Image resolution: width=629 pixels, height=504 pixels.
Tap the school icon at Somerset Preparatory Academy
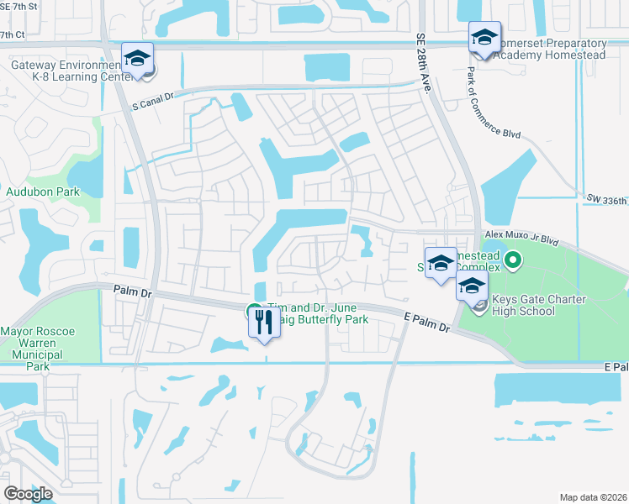click(484, 37)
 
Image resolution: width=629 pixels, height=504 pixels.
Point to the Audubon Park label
click(43, 192)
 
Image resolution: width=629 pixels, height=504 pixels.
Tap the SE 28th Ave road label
click(423, 64)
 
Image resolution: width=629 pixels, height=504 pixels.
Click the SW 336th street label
click(607, 199)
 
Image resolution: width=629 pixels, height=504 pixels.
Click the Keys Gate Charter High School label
click(525, 305)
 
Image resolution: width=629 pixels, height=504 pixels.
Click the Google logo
click(28, 493)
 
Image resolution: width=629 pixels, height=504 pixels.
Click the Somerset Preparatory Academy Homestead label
click(549, 49)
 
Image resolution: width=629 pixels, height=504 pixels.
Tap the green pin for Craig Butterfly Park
click(252, 312)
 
